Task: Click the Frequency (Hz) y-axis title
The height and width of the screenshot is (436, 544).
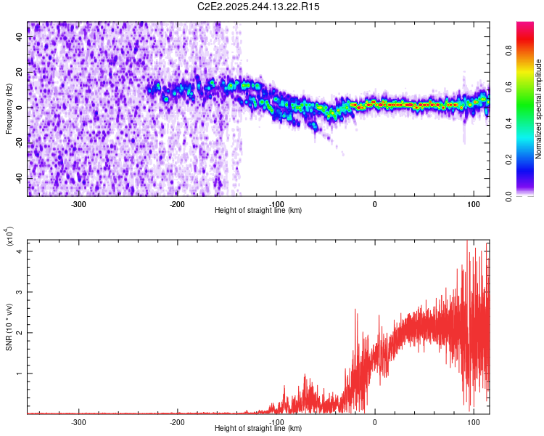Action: pyautogui.click(x=9, y=109)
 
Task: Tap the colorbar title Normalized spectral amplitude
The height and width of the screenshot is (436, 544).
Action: pyautogui.click(x=538, y=109)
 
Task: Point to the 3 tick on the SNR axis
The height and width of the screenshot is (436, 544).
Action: pyautogui.click(x=20, y=291)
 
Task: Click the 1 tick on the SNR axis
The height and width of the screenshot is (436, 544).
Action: pyautogui.click(x=20, y=374)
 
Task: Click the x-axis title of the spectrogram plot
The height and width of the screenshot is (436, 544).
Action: pyautogui.click(x=259, y=211)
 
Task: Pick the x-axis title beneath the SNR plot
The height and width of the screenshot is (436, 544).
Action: pyautogui.click(x=259, y=428)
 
